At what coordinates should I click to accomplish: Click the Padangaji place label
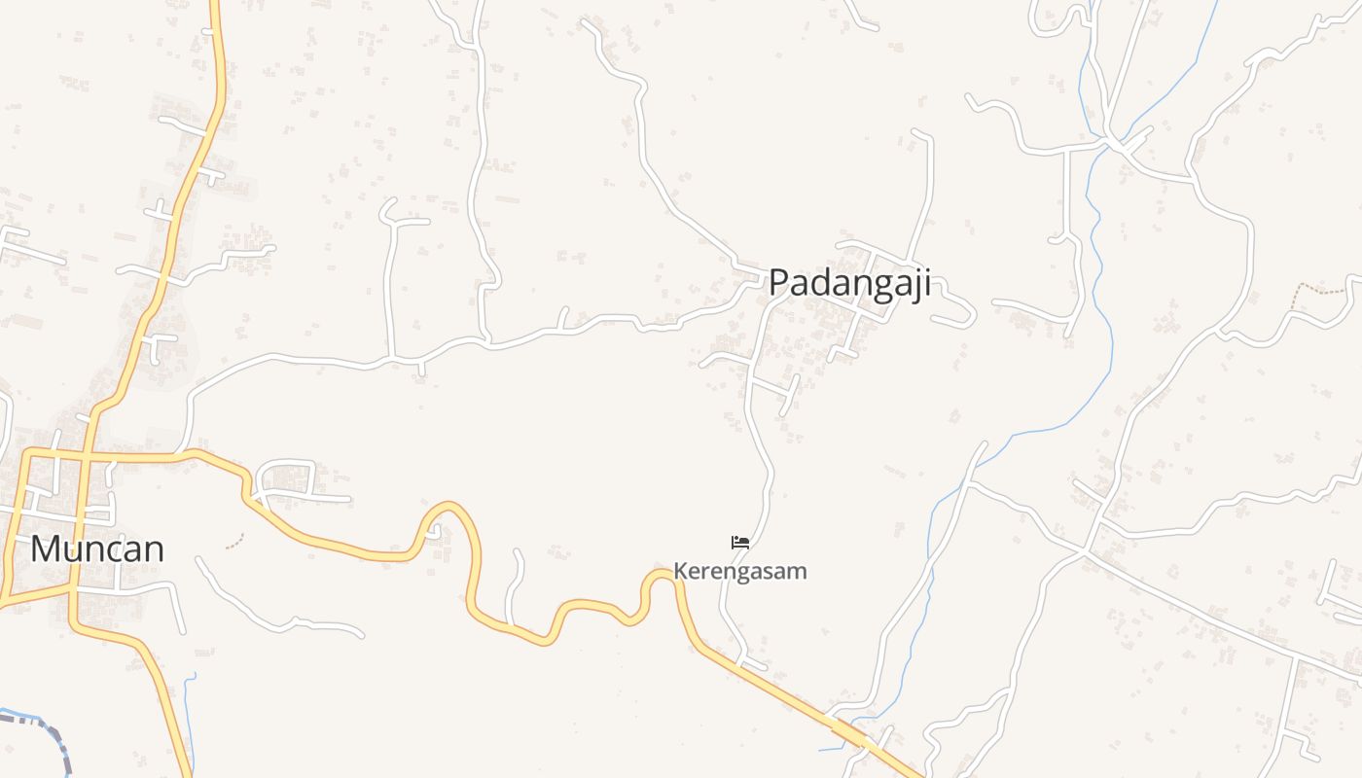tap(849, 283)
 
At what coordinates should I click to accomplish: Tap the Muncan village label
tap(96, 549)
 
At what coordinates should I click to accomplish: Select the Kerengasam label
tap(740, 571)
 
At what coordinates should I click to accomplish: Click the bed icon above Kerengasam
tap(740, 542)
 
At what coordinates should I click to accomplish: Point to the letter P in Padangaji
tap(779, 283)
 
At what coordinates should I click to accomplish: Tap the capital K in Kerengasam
tap(680, 571)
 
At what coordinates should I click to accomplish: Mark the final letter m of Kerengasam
tap(798, 571)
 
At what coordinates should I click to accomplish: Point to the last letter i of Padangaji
tap(927, 283)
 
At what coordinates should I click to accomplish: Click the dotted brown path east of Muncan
tap(234, 541)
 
